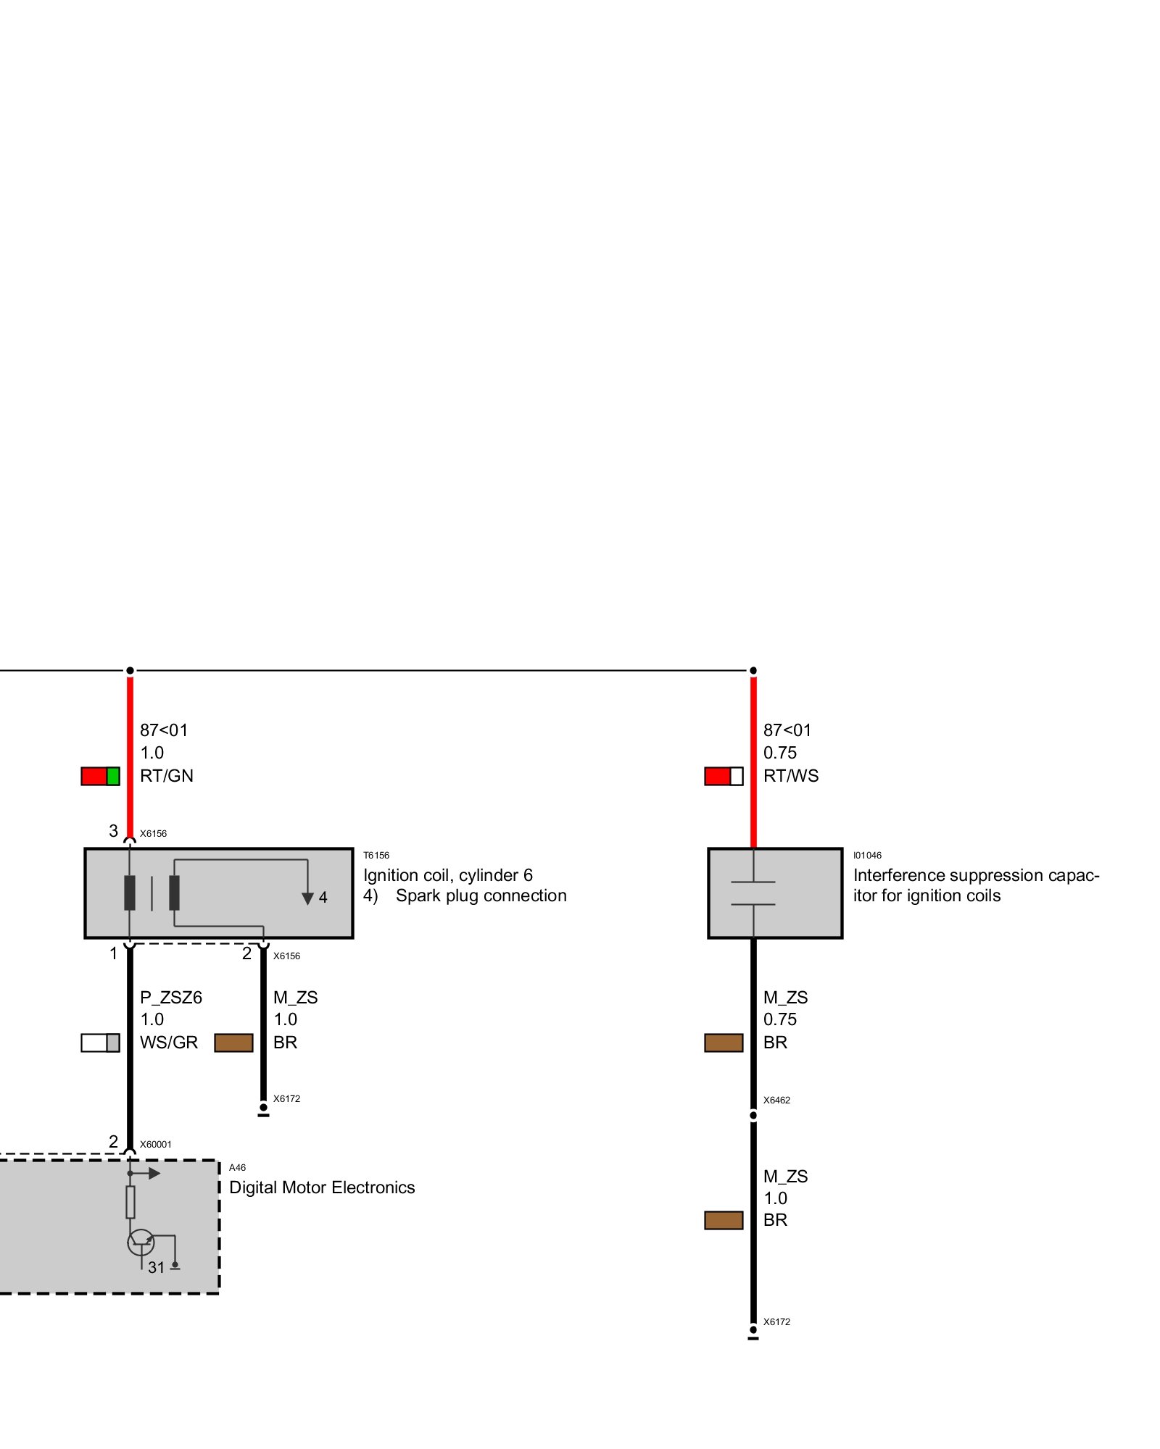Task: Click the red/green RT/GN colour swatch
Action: [100, 776]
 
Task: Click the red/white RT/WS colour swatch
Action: [724, 776]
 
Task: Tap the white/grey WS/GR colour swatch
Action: [100, 1043]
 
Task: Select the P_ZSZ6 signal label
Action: [171, 998]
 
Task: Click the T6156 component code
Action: [376, 856]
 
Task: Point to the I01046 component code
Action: [867, 856]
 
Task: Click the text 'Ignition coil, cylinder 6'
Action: [448, 875]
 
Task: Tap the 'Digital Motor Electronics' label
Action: [322, 1187]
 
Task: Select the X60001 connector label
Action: [156, 1145]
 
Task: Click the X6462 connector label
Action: [776, 1101]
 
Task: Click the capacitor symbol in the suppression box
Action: [753, 893]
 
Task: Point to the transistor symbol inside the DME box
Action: [141, 1242]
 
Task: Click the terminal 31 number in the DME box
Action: [156, 1268]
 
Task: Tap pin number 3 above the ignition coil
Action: [113, 831]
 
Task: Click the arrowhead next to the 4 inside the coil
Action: [307, 898]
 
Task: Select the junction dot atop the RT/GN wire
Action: [130, 671]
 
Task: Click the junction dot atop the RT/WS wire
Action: [753, 671]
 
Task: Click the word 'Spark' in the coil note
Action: [418, 896]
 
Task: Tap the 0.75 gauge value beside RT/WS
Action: [779, 753]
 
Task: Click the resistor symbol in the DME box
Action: [130, 1203]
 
